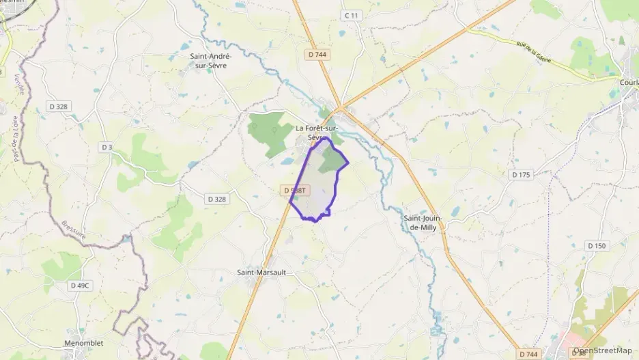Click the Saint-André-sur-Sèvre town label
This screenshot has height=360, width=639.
[x=211, y=61]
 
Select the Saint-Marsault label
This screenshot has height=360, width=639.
[x=261, y=273]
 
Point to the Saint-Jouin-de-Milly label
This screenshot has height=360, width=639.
[x=423, y=223]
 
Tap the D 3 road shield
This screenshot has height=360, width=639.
[x=106, y=147]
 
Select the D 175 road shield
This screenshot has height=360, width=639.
[x=521, y=175]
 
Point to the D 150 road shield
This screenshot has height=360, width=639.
[x=596, y=246]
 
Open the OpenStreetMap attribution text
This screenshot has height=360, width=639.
[x=603, y=350]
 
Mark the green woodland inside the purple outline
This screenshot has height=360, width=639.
[x=332, y=160]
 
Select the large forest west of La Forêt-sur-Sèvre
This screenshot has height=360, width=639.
[x=269, y=128]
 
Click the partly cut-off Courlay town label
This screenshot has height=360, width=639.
[x=628, y=83]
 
